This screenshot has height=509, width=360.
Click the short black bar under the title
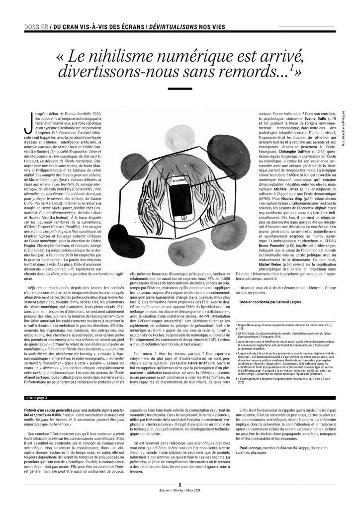point(180,88)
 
